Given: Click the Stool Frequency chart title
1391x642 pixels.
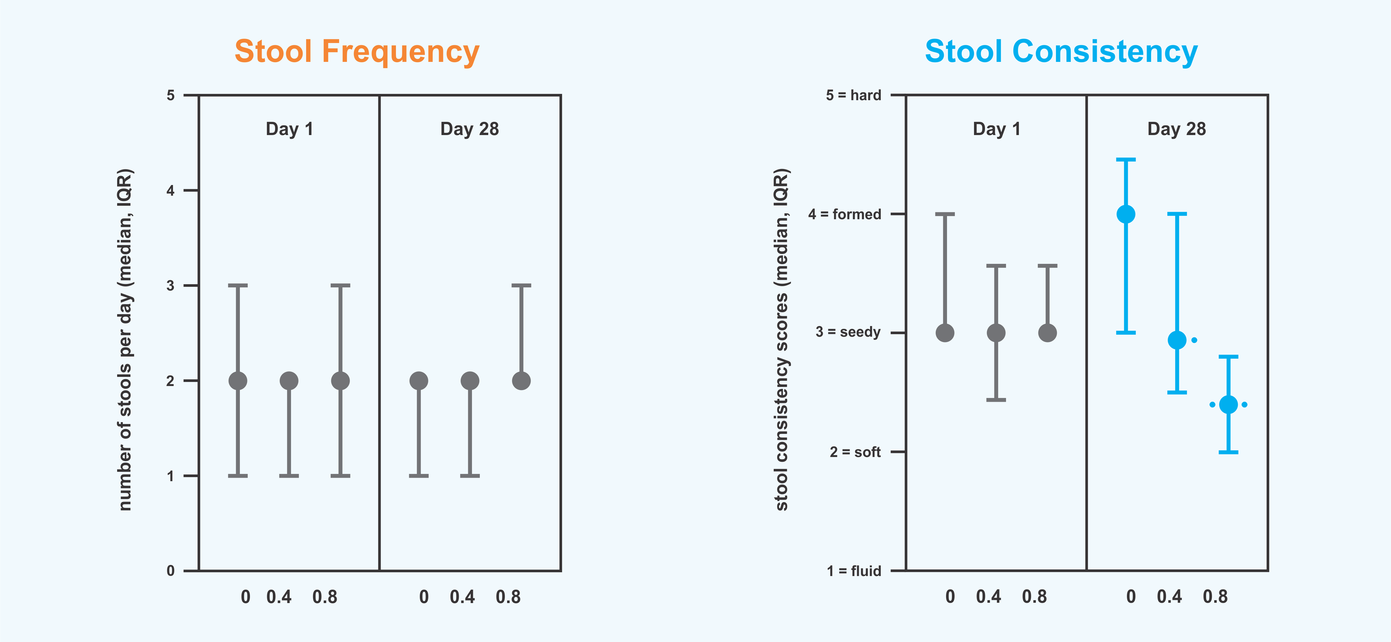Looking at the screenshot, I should [357, 52].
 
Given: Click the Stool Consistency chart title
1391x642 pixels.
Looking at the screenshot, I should [1061, 52].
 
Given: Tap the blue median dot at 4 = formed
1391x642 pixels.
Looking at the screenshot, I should [1126, 214].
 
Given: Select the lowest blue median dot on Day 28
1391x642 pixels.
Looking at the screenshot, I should [1228, 405].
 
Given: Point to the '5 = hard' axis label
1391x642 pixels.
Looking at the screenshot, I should [853, 95].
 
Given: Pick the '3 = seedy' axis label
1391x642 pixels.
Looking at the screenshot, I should [848, 332].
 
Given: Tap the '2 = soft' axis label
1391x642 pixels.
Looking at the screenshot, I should [855, 452].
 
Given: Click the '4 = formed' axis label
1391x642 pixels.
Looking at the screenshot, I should [845, 214].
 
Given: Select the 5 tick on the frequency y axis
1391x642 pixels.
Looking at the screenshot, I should [170, 95].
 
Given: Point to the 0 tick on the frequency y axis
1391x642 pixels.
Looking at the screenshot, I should [170, 571].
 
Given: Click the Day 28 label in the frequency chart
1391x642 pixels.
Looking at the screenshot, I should [469, 129].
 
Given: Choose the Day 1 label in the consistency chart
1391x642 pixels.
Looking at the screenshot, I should [996, 129].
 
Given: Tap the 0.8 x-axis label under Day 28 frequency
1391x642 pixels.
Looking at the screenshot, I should [508, 597].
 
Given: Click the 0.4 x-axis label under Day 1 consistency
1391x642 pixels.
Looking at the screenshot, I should [988, 597].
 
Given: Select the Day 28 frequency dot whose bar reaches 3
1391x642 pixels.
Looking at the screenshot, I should [521, 381].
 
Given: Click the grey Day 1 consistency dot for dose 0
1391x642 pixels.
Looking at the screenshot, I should [945, 333].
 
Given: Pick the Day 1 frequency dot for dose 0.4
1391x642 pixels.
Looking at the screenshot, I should [289, 381].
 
